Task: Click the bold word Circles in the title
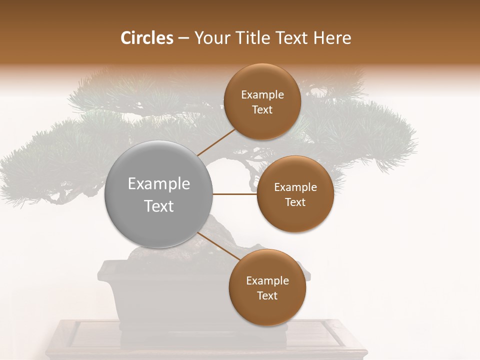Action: coord(146,38)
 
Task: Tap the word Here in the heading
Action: coord(332,38)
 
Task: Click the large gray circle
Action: coord(159,194)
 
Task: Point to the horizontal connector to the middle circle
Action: coord(235,194)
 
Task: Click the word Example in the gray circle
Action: coord(159,184)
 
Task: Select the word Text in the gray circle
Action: coord(159,206)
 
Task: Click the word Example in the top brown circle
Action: coord(262,95)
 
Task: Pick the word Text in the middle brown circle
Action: coord(295,202)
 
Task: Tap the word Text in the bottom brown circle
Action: coord(267,295)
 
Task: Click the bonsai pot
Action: coord(150,295)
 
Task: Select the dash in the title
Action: coord(183,38)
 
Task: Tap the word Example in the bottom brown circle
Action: coord(267,281)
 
